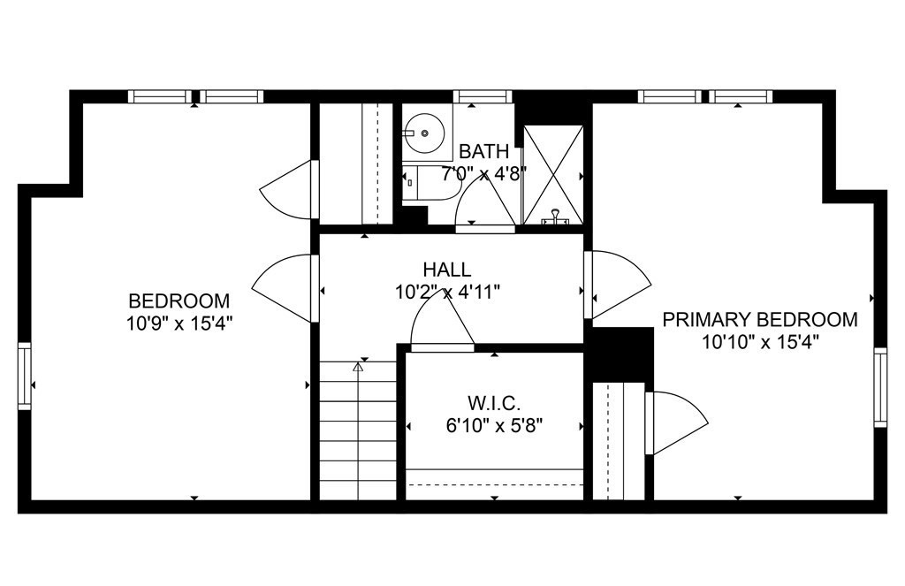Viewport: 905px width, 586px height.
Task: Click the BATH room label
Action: [483, 151]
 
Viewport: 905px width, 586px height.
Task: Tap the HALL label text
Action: [446, 270]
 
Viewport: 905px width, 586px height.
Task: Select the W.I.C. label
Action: [494, 402]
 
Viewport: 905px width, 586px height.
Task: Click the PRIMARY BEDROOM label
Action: [759, 319]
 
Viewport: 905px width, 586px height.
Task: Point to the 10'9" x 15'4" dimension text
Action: [179, 323]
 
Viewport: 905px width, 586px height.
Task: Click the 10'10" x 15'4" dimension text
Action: [760, 342]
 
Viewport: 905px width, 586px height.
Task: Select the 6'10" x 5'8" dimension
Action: [494, 425]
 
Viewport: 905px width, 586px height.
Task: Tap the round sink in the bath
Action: [424, 133]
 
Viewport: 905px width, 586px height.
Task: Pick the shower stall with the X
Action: [552, 174]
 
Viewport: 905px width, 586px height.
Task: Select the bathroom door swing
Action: [485, 203]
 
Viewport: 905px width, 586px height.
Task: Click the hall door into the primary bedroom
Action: [618, 284]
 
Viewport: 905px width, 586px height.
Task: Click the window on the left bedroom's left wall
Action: [24, 376]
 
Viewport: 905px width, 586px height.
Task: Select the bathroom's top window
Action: [483, 96]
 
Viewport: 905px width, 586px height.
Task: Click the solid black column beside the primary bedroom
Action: [622, 354]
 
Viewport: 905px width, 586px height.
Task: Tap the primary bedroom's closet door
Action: [676, 422]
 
